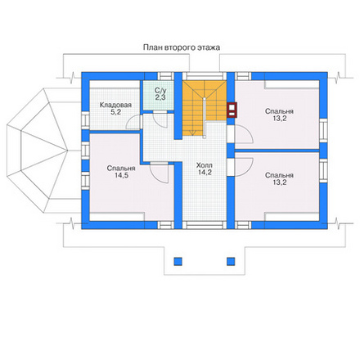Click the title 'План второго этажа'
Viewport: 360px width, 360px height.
click(x=182, y=47)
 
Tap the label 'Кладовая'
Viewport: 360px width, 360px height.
click(x=115, y=105)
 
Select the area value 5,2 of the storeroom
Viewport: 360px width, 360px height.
click(x=115, y=112)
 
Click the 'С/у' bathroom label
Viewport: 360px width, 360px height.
click(x=160, y=90)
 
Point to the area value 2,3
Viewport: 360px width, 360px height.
click(x=160, y=97)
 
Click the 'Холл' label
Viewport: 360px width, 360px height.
click(x=205, y=165)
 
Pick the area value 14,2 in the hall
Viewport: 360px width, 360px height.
click(x=205, y=173)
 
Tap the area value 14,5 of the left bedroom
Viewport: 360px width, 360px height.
click(x=121, y=175)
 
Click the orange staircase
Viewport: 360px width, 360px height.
click(x=205, y=108)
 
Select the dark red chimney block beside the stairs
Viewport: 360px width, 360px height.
click(x=232, y=110)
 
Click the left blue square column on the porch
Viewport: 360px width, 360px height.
click(x=178, y=261)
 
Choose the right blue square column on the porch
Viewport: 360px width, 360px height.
click(x=231, y=261)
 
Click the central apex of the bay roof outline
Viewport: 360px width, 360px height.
click(x=67, y=151)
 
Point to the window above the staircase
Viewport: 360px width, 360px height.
click(x=205, y=76)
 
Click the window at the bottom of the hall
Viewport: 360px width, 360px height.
click(x=205, y=225)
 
